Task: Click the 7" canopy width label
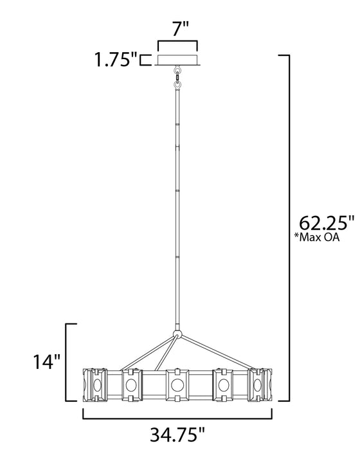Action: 181,29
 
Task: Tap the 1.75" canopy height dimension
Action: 116,60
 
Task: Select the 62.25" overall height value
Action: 327,223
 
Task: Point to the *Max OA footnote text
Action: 317,237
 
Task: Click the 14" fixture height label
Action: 47,361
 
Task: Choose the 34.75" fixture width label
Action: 177,434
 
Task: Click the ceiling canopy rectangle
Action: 177,60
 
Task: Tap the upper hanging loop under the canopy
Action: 177,69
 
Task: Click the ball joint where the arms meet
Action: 177,335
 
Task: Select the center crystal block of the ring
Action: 177,385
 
